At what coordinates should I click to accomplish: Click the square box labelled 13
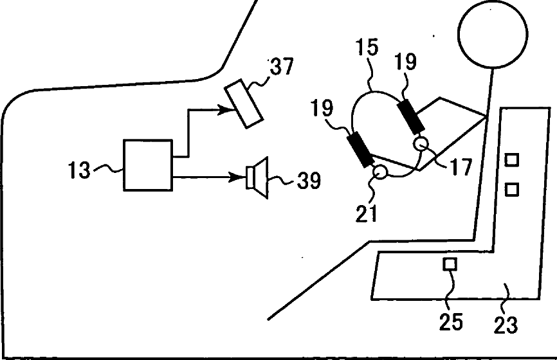click(149, 165)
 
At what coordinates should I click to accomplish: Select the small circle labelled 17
click(421, 143)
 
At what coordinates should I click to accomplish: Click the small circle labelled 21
click(379, 172)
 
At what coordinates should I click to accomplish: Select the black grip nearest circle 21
click(361, 150)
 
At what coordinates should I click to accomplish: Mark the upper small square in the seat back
click(512, 159)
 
